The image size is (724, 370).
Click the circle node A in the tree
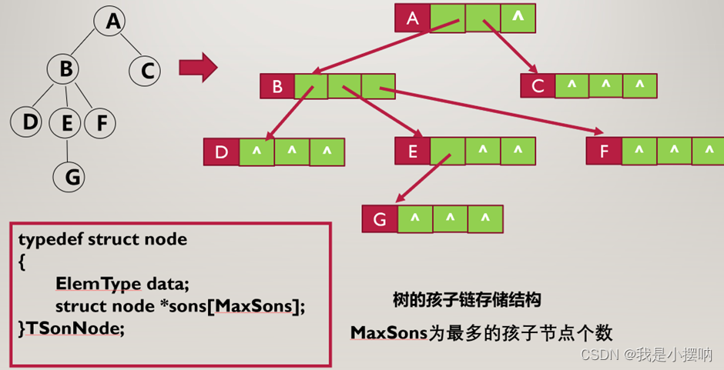pos(114,22)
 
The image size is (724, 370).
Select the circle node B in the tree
pos(66,69)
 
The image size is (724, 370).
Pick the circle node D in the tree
pos(29,122)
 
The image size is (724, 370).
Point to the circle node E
pos(66,122)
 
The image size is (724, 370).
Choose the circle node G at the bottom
pos(72,177)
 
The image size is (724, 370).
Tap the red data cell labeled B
pos(277,86)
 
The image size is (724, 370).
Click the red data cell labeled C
pos(538,85)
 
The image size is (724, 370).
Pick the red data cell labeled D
pos(221,152)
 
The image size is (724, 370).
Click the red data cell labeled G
pos(380,219)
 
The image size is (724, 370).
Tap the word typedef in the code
pos(51,239)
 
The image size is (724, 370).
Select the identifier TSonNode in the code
pos(75,328)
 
